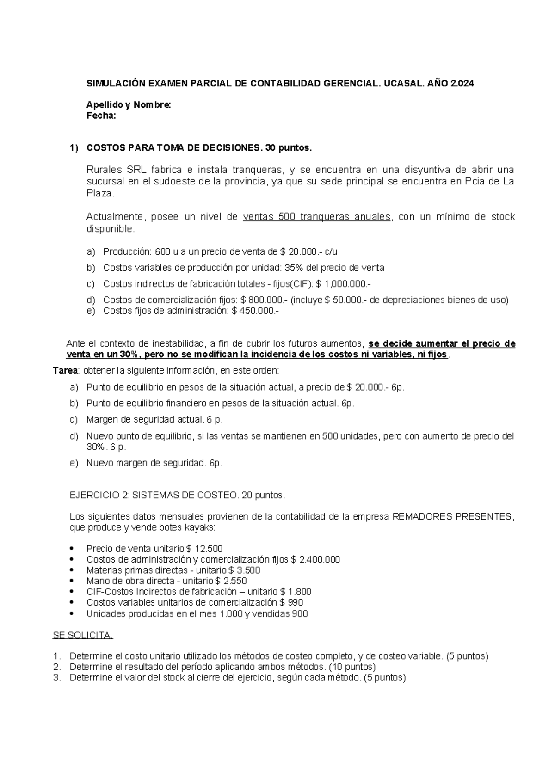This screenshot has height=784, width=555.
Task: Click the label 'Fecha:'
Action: click(101, 116)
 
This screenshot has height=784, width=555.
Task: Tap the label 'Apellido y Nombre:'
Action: click(129, 105)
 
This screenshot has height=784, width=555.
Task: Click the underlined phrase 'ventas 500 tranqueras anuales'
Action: click(317, 217)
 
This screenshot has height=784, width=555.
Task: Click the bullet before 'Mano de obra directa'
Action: click(71, 581)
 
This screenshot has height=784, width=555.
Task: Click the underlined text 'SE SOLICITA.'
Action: click(83, 636)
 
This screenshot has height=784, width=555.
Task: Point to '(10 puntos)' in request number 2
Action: click(351, 667)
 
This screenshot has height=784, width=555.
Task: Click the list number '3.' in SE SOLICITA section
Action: click(57, 678)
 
